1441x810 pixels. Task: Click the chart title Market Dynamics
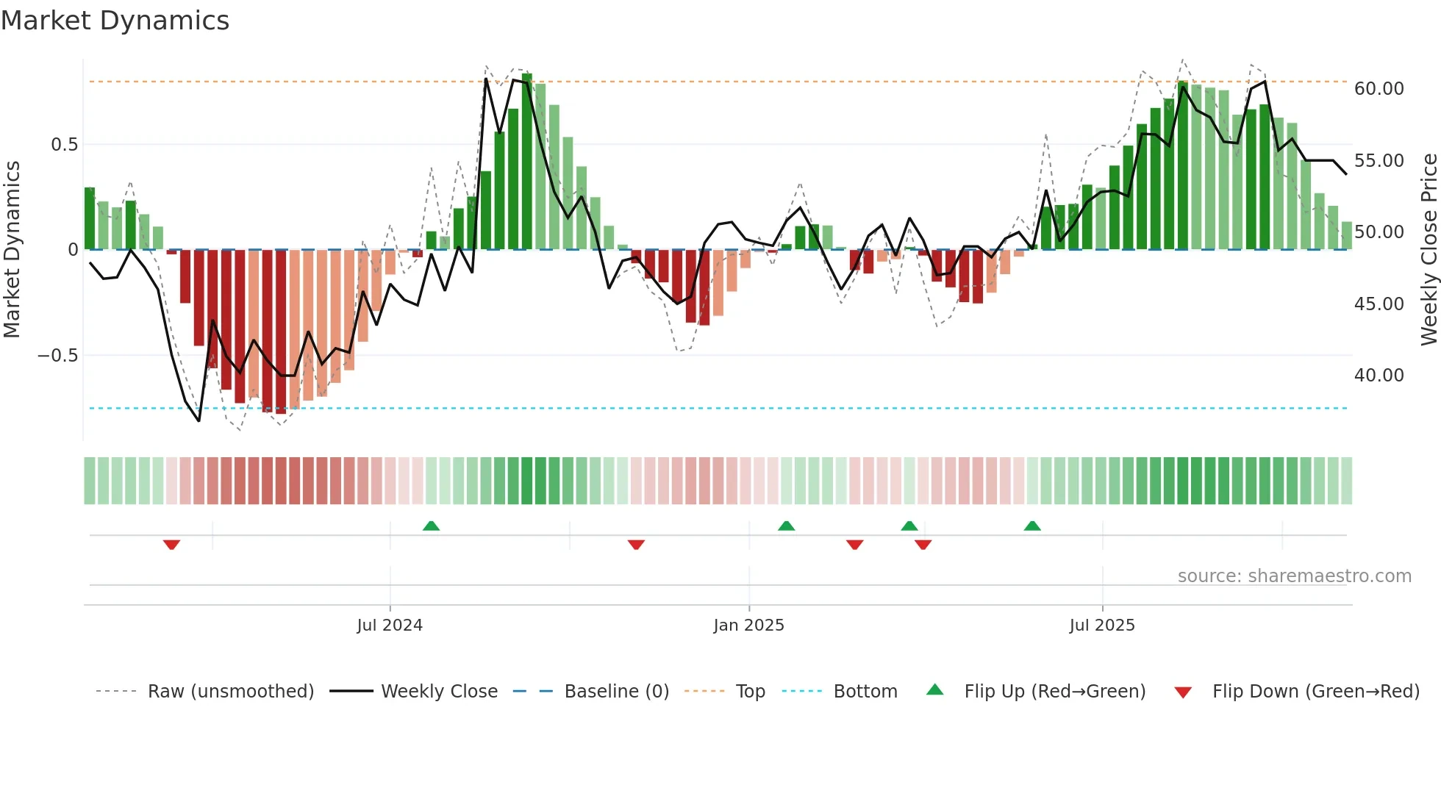(115, 21)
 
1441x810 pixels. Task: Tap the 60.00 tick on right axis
(1379, 89)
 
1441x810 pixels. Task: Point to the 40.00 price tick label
(1379, 376)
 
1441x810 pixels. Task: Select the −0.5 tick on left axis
(57, 356)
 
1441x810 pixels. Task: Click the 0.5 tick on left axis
(64, 145)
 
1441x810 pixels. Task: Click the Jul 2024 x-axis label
(390, 626)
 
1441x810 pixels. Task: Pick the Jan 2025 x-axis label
(748, 626)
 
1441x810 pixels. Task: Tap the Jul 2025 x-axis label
(1101, 626)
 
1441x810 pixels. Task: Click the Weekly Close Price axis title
(1429, 250)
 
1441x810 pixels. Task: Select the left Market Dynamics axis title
(12, 250)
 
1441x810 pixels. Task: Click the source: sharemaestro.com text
(1294, 576)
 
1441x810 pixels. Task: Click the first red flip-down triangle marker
(171, 545)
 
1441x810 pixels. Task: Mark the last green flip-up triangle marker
(1032, 526)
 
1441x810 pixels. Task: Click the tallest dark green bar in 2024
(527, 162)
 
